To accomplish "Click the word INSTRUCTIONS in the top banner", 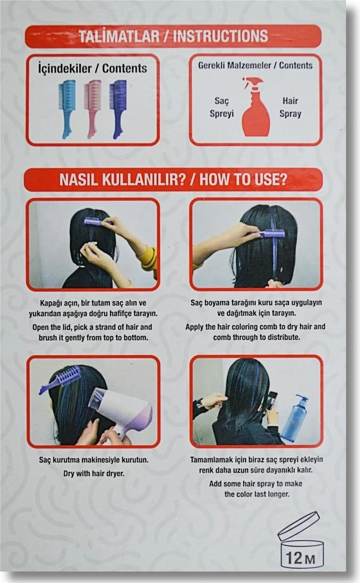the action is pyautogui.click(x=221, y=36).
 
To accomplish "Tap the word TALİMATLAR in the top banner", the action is pyautogui.click(x=119, y=36).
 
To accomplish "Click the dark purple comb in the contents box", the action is pyautogui.click(x=118, y=109).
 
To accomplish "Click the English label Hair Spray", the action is pyautogui.click(x=290, y=107).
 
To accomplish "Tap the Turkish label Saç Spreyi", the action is pyautogui.click(x=221, y=107).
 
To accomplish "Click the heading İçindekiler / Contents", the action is pyautogui.click(x=93, y=68).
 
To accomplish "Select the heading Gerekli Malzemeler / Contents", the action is pyautogui.click(x=255, y=65).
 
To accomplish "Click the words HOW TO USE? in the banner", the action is pyautogui.click(x=243, y=179).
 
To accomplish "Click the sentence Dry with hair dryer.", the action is pyautogui.click(x=94, y=473).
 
